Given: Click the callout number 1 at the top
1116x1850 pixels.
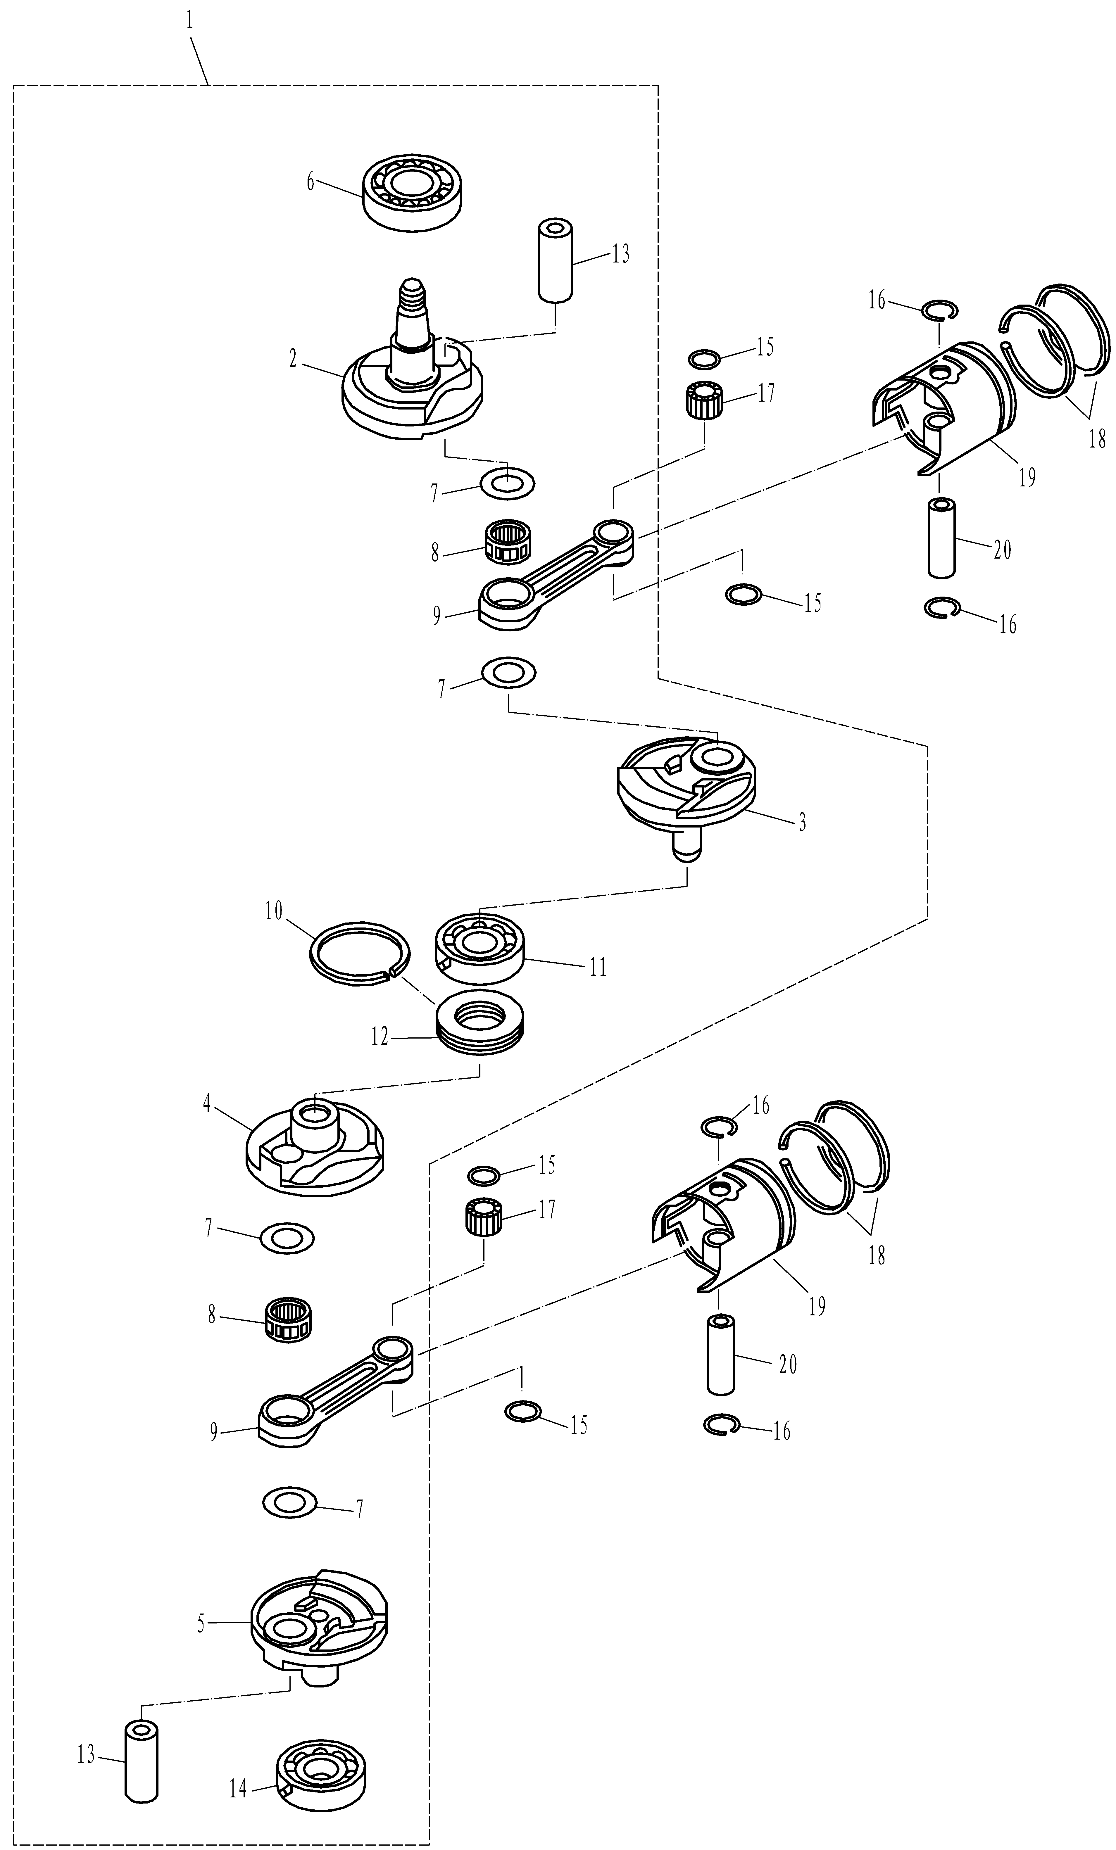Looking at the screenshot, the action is coord(189,20).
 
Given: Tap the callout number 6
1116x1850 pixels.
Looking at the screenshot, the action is coord(310,182).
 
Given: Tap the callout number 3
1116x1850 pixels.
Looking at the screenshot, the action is coord(802,822).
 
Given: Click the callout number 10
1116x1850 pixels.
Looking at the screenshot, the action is coord(273,911).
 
